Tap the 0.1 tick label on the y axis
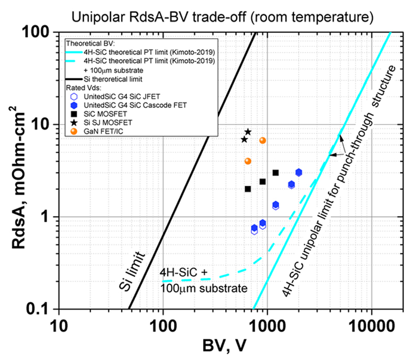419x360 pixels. point(40,309)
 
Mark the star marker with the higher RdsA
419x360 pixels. point(248,132)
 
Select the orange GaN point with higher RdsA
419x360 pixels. point(263,140)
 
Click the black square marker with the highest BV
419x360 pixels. point(275,173)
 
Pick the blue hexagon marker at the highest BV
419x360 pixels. point(299,173)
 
